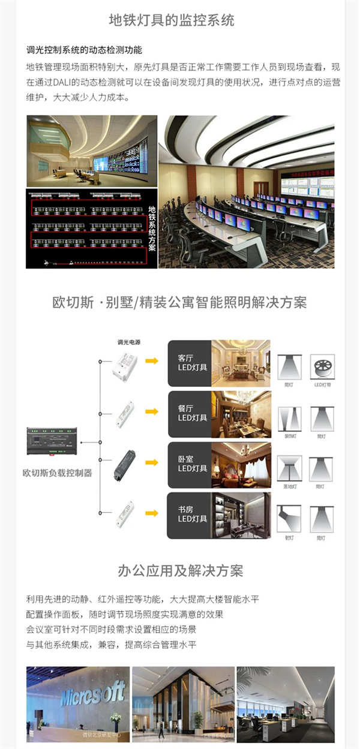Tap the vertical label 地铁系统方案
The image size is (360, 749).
(x=151, y=228)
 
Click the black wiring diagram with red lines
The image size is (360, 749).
(x=86, y=228)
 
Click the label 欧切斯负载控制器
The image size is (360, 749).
(x=58, y=473)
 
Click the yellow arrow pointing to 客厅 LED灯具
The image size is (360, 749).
(x=152, y=361)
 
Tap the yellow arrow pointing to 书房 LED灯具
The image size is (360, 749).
(x=152, y=513)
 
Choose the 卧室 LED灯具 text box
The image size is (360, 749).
(x=190, y=464)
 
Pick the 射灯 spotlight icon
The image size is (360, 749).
(x=289, y=518)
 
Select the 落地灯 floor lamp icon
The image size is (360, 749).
(x=289, y=467)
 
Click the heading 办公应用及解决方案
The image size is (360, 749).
(x=181, y=570)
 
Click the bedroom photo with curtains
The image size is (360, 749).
(x=241, y=465)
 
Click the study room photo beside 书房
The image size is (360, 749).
(x=241, y=515)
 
